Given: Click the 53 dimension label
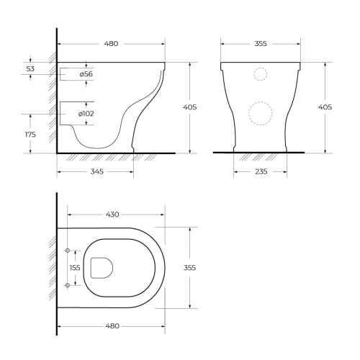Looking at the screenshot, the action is (30, 69).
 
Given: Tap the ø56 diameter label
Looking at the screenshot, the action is (86, 74).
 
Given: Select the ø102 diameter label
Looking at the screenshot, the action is (86, 114).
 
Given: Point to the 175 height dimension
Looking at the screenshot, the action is (30, 135).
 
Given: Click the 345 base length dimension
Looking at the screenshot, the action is (97, 171).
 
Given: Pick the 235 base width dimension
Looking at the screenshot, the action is (261, 171).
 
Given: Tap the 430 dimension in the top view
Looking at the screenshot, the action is (112, 215).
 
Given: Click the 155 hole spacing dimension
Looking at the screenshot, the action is (75, 268).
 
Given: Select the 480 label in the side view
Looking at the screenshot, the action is (112, 44).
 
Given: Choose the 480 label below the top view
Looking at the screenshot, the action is (112, 326).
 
